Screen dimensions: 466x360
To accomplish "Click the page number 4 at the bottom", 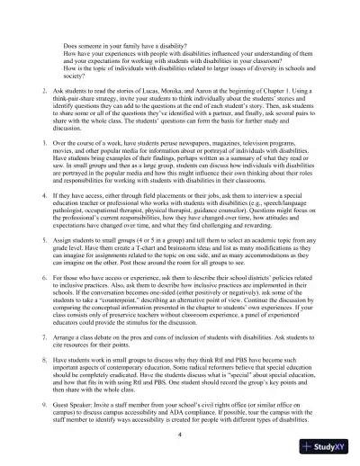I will tap(179, 435).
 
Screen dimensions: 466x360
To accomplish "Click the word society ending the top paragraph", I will tap(75, 76).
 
